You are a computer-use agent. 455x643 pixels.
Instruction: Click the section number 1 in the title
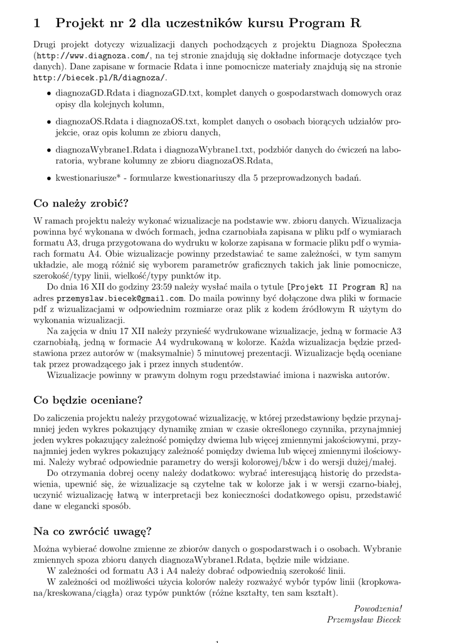[x=36, y=24]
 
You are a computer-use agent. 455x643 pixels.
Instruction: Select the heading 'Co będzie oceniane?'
[x=88, y=399]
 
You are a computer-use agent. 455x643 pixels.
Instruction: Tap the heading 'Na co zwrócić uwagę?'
[x=92, y=531]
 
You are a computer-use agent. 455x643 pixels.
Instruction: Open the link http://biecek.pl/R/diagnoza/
[x=99, y=78]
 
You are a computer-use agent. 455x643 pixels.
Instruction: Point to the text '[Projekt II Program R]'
[x=337, y=288]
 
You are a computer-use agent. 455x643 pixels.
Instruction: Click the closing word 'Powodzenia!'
[x=378, y=608]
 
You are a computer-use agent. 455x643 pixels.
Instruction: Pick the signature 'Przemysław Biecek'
[x=364, y=619]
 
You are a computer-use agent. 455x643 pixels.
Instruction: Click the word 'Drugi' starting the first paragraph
[x=45, y=45]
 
